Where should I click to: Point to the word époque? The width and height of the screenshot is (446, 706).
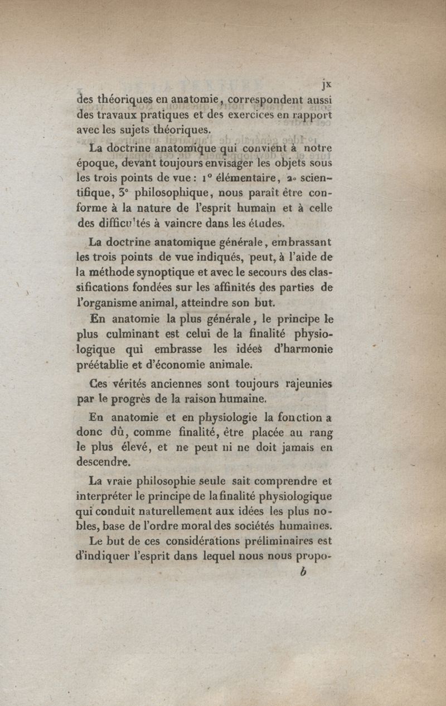(93, 165)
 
